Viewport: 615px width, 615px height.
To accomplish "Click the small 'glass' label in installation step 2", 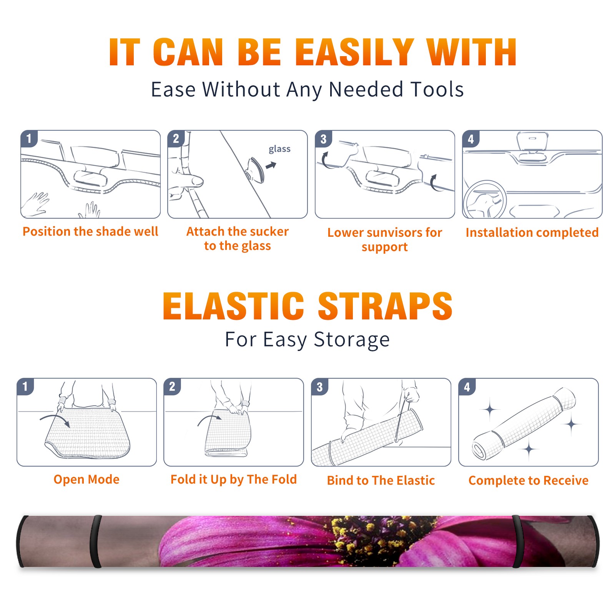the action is click(x=279, y=149).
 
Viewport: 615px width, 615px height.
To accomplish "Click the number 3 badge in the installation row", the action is click(x=323, y=139).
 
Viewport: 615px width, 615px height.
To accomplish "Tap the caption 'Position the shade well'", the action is click(x=90, y=231).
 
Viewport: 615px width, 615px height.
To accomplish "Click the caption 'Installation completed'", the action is click(x=532, y=232).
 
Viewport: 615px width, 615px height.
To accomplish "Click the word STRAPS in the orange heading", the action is click(x=385, y=306).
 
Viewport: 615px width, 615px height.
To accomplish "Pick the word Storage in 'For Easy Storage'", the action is click(x=352, y=340).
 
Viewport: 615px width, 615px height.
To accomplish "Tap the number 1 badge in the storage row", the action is click(x=25, y=387).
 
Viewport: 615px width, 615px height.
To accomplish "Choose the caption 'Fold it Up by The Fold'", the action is click(x=234, y=479).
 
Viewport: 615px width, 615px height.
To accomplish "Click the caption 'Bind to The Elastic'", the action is click(x=381, y=480).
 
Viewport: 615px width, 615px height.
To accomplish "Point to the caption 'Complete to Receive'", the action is click(x=529, y=480).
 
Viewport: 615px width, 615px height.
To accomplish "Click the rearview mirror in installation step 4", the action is click(x=532, y=142).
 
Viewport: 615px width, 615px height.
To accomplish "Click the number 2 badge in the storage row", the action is click(x=172, y=387).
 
